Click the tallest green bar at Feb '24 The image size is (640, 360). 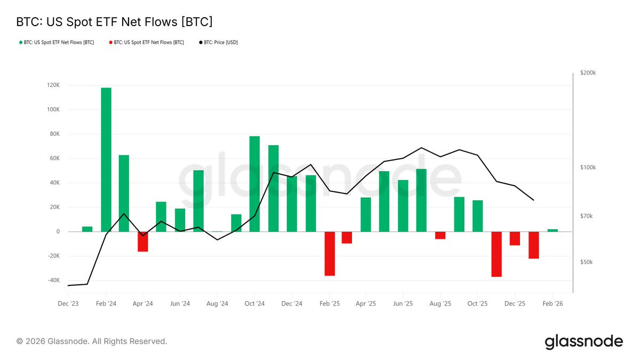click(x=106, y=159)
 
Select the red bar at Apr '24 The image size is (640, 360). click(x=143, y=242)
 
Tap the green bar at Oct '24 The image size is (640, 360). click(x=254, y=183)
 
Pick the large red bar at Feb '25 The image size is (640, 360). click(x=330, y=254)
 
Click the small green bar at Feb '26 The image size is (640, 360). click(x=553, y=230)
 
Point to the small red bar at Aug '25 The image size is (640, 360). click(x=441, y=235)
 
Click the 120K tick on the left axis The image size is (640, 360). click(x=53, y=85)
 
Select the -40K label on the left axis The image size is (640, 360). click(x=54, y=281)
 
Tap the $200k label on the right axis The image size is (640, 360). click(x=588, y=73)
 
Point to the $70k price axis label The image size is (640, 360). click(x=586, y=216)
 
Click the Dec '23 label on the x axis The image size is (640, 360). click(x=68, y=303)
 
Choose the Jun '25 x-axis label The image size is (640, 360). click(x=403, y=303)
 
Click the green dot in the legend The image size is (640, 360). click(x=21, y=43)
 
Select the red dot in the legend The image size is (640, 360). click(x=110, y=43)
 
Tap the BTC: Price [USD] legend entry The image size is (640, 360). click(x=218, y=42)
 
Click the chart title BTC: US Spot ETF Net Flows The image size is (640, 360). click(x=114, y=22)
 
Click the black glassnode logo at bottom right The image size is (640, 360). click(x=583, y=341)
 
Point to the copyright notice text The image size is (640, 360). click(x=92, y=341)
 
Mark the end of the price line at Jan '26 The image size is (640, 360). click(x=533, y=200)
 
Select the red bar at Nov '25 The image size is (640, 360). click(x=497, y=254)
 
